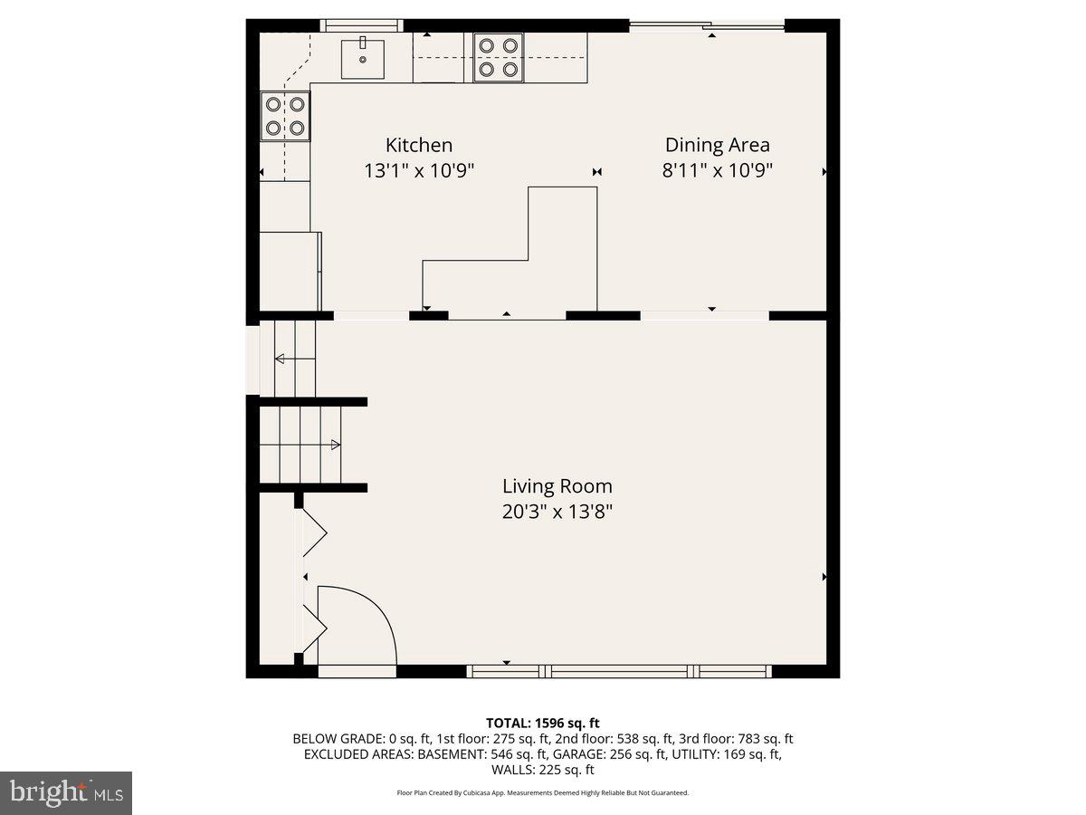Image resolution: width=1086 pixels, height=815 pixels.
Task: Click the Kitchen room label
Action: click(x=419, y=145)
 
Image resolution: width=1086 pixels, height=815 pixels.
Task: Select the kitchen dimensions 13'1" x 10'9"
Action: click(x=419, y=170)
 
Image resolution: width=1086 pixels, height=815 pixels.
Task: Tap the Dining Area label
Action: click(x=717, y=145)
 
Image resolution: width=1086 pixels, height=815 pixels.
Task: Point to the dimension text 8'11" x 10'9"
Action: click(x=717, y=170)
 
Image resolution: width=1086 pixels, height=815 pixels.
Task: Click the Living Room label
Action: click(x=557, y=486)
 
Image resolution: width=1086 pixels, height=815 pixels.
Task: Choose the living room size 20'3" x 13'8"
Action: click(x=557, y=512)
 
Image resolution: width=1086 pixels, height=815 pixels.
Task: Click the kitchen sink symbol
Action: click(x=362, y=59)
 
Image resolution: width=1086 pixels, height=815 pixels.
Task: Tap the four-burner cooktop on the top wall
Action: click(x=499, y=57)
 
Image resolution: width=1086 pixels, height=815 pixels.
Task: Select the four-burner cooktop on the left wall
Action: click(x=285, y=116)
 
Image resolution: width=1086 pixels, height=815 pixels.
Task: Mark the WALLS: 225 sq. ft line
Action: click(x=543, y=770)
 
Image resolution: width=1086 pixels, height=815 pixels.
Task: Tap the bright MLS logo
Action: click(x=66, y=793)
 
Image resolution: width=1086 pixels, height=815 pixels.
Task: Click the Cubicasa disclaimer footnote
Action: click(x=543, y=792)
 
